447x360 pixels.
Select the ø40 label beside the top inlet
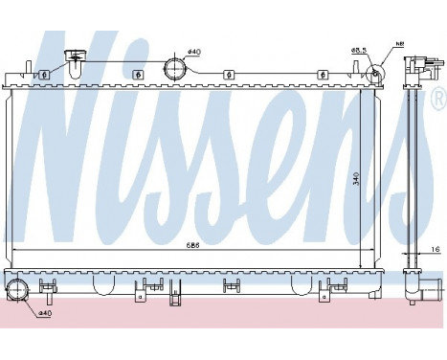coord(193,51)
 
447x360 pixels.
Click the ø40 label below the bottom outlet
coord(46,313)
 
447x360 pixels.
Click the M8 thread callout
coord(400,43)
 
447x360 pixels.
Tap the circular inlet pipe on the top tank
coord(175,68)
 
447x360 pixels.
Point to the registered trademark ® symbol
coord(437,97)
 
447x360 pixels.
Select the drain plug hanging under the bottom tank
coord(176,298)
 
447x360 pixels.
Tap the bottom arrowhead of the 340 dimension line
coord(360,265)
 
